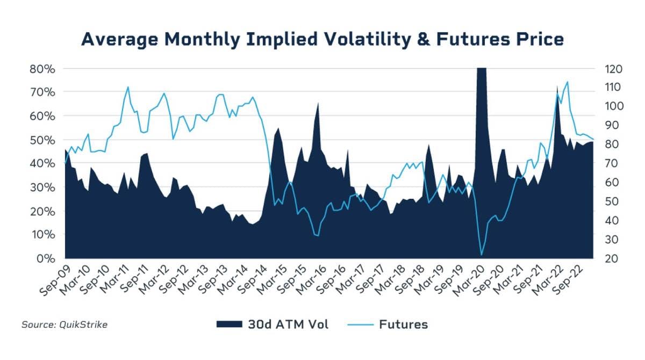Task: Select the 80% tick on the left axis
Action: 42,69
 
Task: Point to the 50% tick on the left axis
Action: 42,140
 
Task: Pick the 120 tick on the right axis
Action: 612,69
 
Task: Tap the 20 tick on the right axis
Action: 610,258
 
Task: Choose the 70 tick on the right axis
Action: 610,163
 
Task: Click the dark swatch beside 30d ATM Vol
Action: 230,324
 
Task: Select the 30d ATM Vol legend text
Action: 288,324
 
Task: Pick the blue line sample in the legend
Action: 360,324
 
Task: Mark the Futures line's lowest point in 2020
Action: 482,255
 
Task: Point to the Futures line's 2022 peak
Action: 568,82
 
